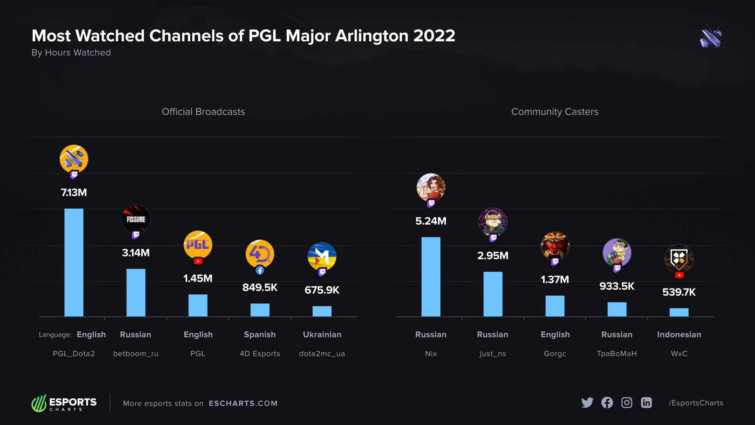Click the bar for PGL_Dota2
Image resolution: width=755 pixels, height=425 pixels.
[x=74, y=262]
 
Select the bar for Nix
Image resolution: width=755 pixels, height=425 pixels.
[x=431, y=277]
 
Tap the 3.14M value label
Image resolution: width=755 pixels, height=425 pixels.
[x=136, y=253]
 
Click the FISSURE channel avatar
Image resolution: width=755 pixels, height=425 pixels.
[x=136, y=219]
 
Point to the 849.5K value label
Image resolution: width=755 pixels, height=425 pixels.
[x=260, y=288]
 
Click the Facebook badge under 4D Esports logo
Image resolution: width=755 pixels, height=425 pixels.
[x=260, y=270]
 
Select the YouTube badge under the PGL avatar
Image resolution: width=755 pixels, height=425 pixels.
[x=198, y=261]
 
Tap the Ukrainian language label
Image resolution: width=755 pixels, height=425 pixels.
[x=322, y=334]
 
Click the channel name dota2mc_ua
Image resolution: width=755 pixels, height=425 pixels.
[x=322, y=353]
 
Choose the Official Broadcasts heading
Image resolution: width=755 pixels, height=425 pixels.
[x=203, y=112]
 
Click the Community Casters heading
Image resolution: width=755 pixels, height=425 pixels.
[x=555, y=112]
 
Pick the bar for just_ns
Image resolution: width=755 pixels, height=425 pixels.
[x=493, y=294]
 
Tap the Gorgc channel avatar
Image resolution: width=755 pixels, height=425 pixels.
[x=555, y=246]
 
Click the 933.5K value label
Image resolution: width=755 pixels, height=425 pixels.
[x=617, y=286]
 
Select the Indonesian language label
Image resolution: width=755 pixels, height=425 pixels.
[x=679, y=334]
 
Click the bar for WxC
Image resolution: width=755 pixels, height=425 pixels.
[x=679, y=312]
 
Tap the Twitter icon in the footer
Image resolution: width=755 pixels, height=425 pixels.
[x=587, y=403]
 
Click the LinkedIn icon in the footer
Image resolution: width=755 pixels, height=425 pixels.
[x=646, y=403]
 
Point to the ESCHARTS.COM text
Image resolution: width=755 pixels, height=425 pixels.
[x=243, y=403]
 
